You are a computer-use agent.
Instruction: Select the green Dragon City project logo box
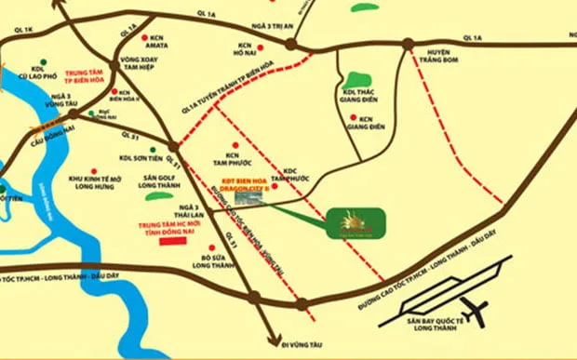(x=352, y=224)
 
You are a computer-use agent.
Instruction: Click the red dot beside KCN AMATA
(x=144, y=38)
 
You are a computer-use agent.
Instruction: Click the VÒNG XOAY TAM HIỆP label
(x=141, y=72)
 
